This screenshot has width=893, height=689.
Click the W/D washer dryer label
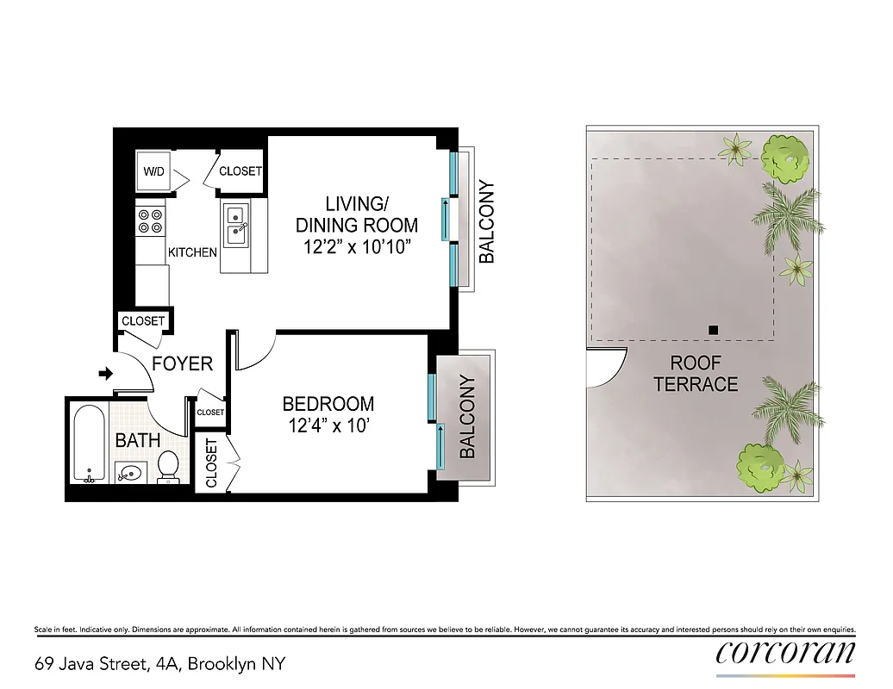[x=154, y=171]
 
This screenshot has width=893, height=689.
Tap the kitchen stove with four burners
[x=151, y=221]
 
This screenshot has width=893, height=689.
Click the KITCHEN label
[x=192, y=253]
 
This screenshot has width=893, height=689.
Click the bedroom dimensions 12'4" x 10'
[x=328, y=425]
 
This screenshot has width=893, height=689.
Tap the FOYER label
[x=182, y=363]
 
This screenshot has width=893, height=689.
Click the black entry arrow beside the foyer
[x=106, y=374]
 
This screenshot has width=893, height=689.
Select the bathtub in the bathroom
[x=88, y=446]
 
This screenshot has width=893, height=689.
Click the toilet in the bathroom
[x=169, y=465]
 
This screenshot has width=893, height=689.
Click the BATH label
[x=138, y=440]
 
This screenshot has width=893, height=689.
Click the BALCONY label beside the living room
[x=487, y=221]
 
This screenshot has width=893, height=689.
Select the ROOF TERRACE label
[x=696, y=374]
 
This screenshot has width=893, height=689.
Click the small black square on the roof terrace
[x=712, y=329]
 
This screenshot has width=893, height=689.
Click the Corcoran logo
[x=785, y=651]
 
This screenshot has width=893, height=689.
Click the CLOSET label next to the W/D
[x=240, y=171]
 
